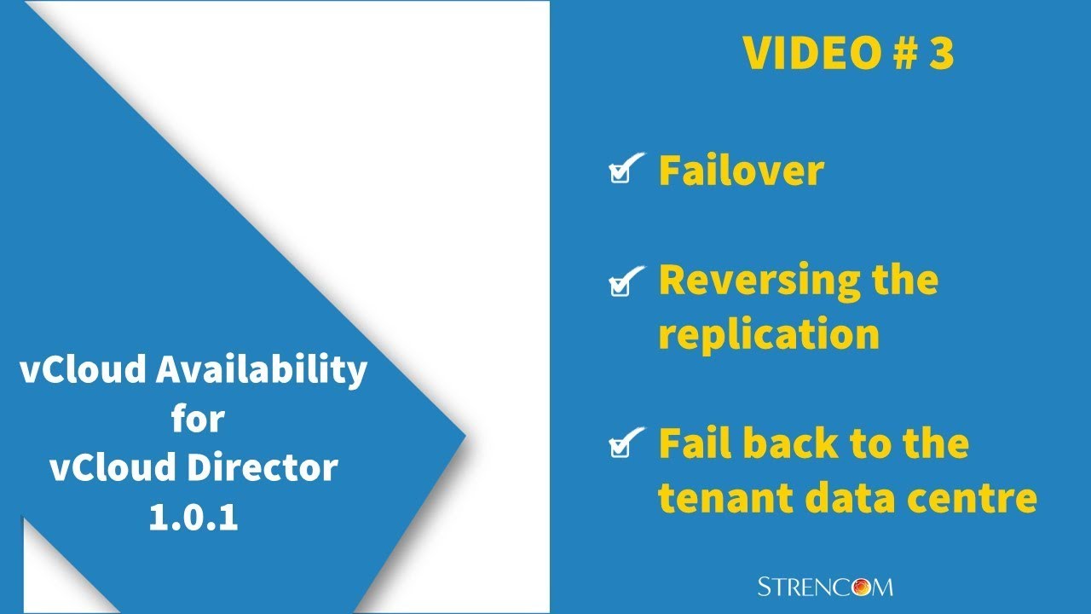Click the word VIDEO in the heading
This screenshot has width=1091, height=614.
tap(810, 54)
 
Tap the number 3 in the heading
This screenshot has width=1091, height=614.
tap(940, 54)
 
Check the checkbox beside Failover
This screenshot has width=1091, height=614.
tap(623, 170)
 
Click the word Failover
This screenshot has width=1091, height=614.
tap(741, 170)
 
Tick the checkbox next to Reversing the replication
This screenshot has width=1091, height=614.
tap(623, 282)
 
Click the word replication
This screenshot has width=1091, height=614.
tap(768, 334)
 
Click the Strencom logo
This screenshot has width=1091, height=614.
tap(825, 586)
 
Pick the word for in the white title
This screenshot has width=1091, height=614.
tap(197, 420)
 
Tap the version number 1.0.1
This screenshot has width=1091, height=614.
tap(193, 518)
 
